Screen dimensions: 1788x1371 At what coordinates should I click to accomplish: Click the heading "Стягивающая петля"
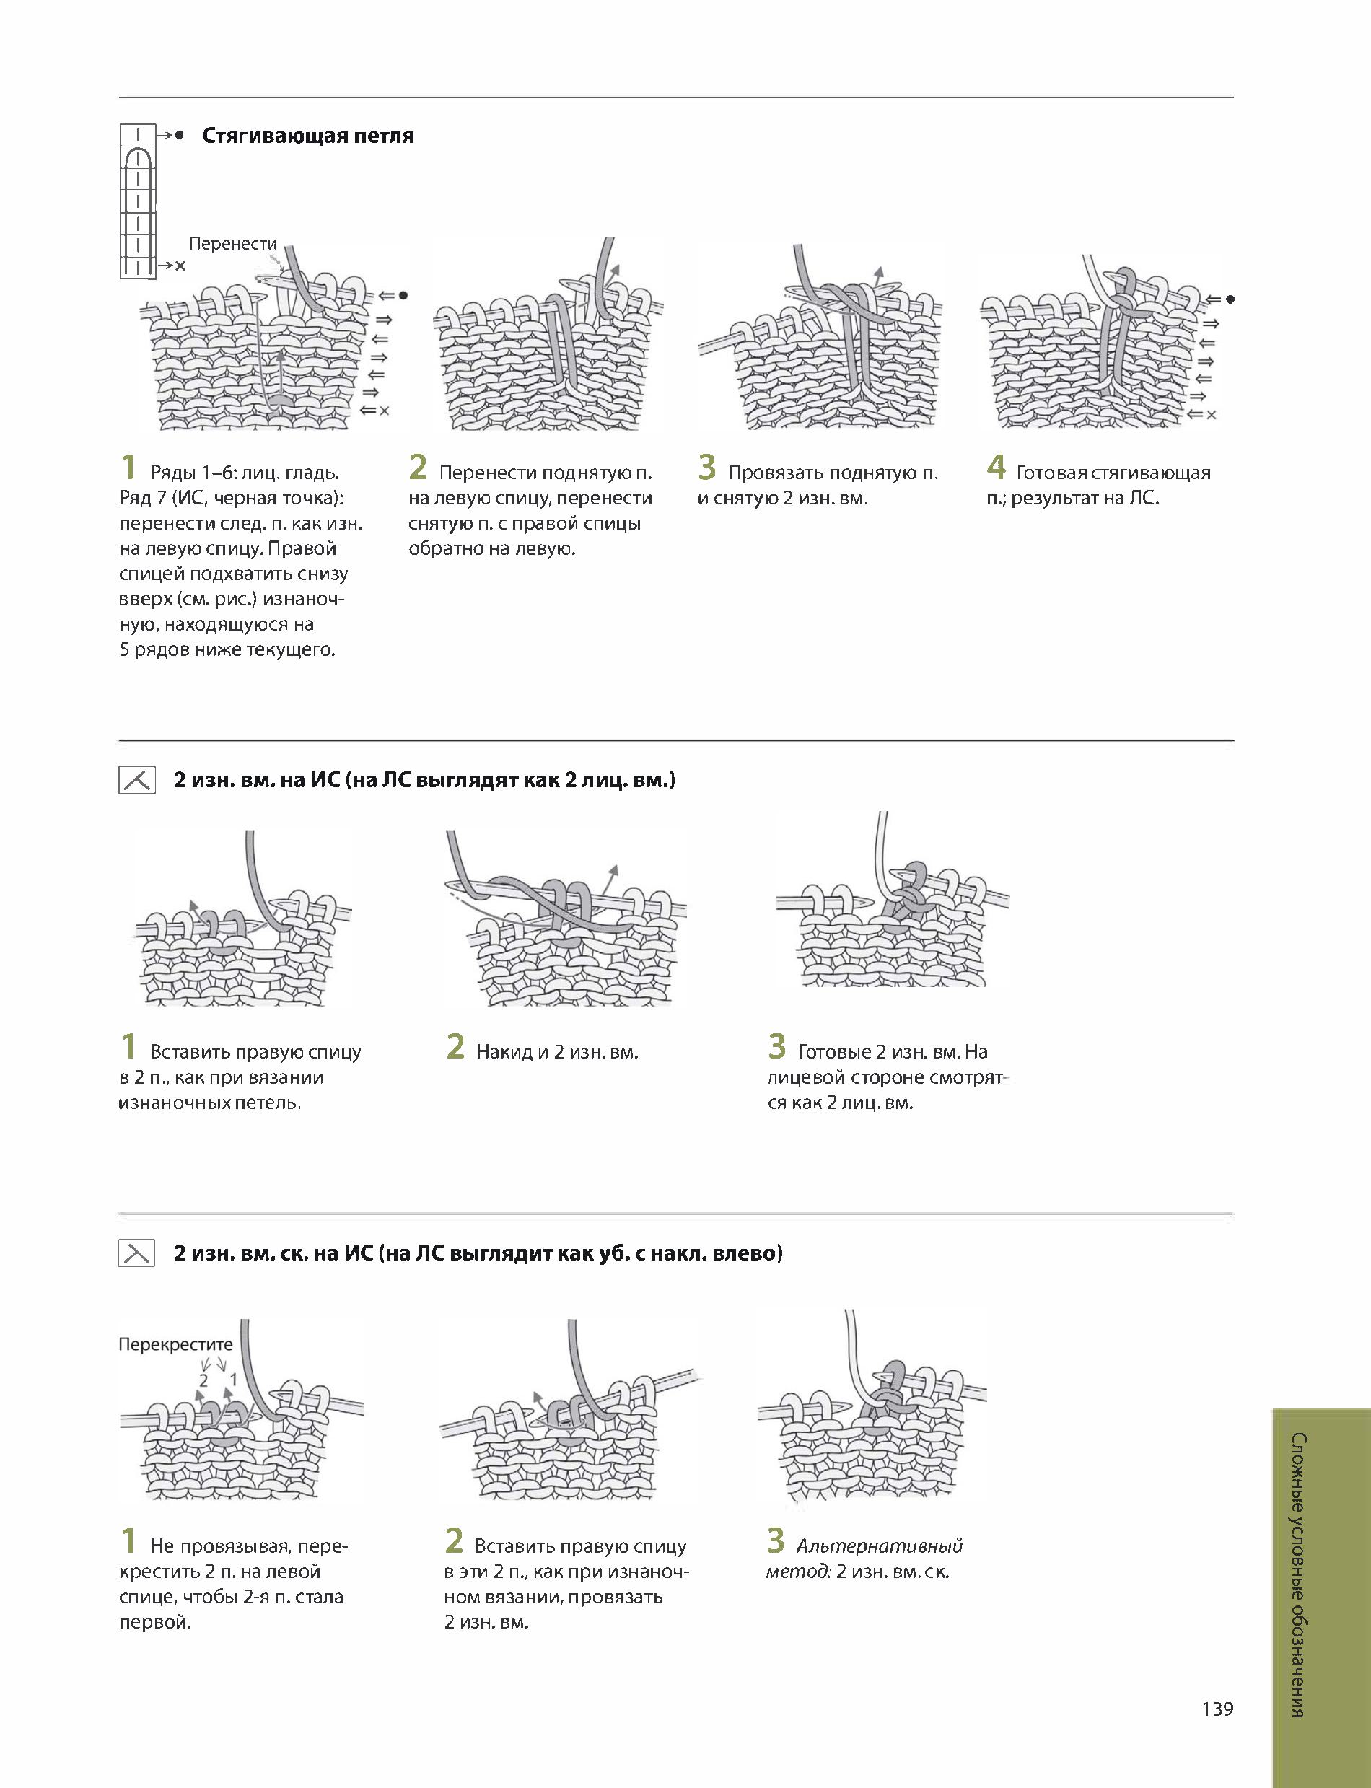point(307,136)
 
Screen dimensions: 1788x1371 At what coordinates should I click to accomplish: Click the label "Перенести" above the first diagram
point(233,243)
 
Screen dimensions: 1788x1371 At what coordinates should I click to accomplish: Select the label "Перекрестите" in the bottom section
point(175,1344)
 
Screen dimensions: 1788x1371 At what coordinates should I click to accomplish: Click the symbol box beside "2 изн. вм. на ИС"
point(136,780)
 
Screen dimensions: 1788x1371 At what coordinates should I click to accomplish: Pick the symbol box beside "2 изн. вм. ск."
point(136,1253)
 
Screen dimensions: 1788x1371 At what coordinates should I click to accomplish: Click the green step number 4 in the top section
point(996,468)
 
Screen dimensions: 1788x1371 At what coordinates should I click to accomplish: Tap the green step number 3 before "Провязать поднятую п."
point(706,468)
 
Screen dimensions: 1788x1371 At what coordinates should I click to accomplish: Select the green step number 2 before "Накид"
point(455,1047)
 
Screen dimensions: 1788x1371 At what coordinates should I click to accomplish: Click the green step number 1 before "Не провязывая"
point(128,1541)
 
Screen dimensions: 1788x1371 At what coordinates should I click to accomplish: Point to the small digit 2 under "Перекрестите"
point(204,1380)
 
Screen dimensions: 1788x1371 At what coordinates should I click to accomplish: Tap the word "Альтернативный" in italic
point(880,1546)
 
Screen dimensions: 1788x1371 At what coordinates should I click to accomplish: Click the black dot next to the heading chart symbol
point(180,136)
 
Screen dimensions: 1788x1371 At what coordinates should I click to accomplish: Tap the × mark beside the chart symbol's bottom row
point(180,266)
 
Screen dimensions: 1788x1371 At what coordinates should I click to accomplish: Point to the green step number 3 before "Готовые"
point(777,1047)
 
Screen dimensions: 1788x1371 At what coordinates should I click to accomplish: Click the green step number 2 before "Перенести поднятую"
point(418,468)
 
